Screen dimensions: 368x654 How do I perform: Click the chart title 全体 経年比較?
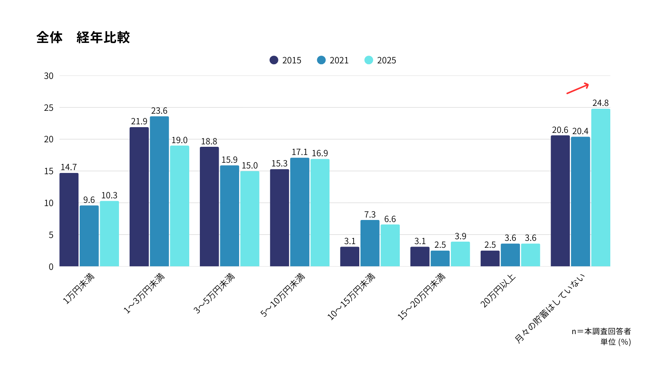pyautogui.click(x=83, y=38)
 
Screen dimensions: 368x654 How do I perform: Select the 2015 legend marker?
pyautogui.click(x=274, y=60)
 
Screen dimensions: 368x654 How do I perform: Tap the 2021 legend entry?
pyautogui.click(x=333, y=60)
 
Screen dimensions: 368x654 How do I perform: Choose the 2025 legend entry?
pyautogui.click(x=380, y=60)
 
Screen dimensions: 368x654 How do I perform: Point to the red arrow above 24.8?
pyautogui.click(x=578, y=88)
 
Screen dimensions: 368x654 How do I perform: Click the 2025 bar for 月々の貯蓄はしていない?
pyautogui.click(x=600, y=188)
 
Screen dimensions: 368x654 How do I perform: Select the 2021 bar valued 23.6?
pyautogui.click(x=159, y=191)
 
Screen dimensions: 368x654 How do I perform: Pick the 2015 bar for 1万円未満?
pyautogui.click(x=69, y=220)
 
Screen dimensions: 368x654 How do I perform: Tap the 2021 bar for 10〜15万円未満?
pyautogui.click(x=370, y=243)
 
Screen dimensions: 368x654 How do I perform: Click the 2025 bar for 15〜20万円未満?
pyautogui.click(x=460, y=254)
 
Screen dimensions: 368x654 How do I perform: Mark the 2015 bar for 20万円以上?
pyautogui.click(x=490, y=258)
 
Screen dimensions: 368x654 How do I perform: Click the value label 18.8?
pyautogui.click(x=209, y=141)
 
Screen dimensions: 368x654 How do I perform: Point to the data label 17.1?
pyautogui.click(x=300, y=152)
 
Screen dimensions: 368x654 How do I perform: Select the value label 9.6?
pyautogui.click(x=89, y=200)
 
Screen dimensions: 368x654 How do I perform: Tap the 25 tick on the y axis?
pyautogui.click(x=49, y=108)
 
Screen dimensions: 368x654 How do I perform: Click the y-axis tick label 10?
pyautogui.click(x=49, y=203)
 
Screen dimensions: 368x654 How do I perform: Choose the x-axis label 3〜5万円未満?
pyautogui.click(x=214, y=293)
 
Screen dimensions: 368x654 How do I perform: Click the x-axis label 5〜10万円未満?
pyautogui.click(x=283, y=295)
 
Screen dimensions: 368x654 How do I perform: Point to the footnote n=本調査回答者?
pyautogui.click(x=601, y=331)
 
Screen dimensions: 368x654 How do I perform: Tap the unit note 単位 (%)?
pyautogui.click(x=615, y=342)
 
